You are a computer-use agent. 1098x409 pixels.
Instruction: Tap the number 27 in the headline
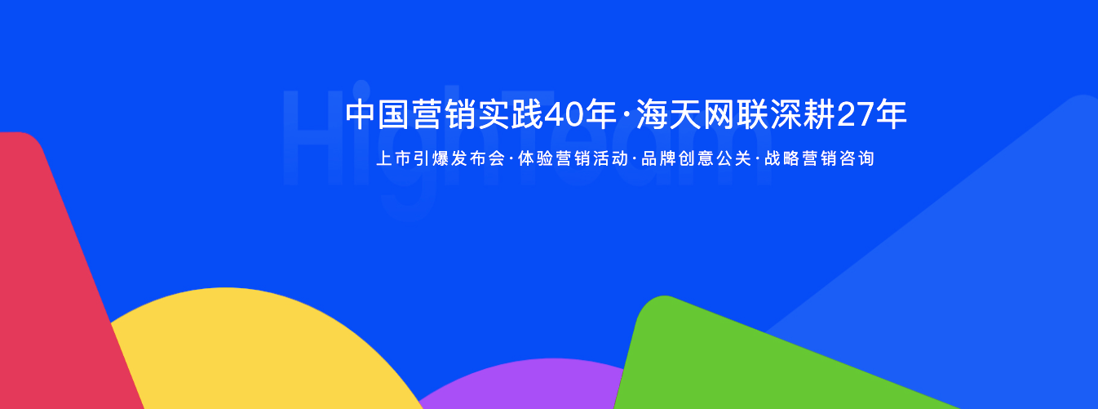point(857,115)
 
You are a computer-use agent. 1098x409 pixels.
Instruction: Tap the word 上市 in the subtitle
point(395,159)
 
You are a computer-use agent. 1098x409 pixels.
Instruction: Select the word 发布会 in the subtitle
point(480,159)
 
